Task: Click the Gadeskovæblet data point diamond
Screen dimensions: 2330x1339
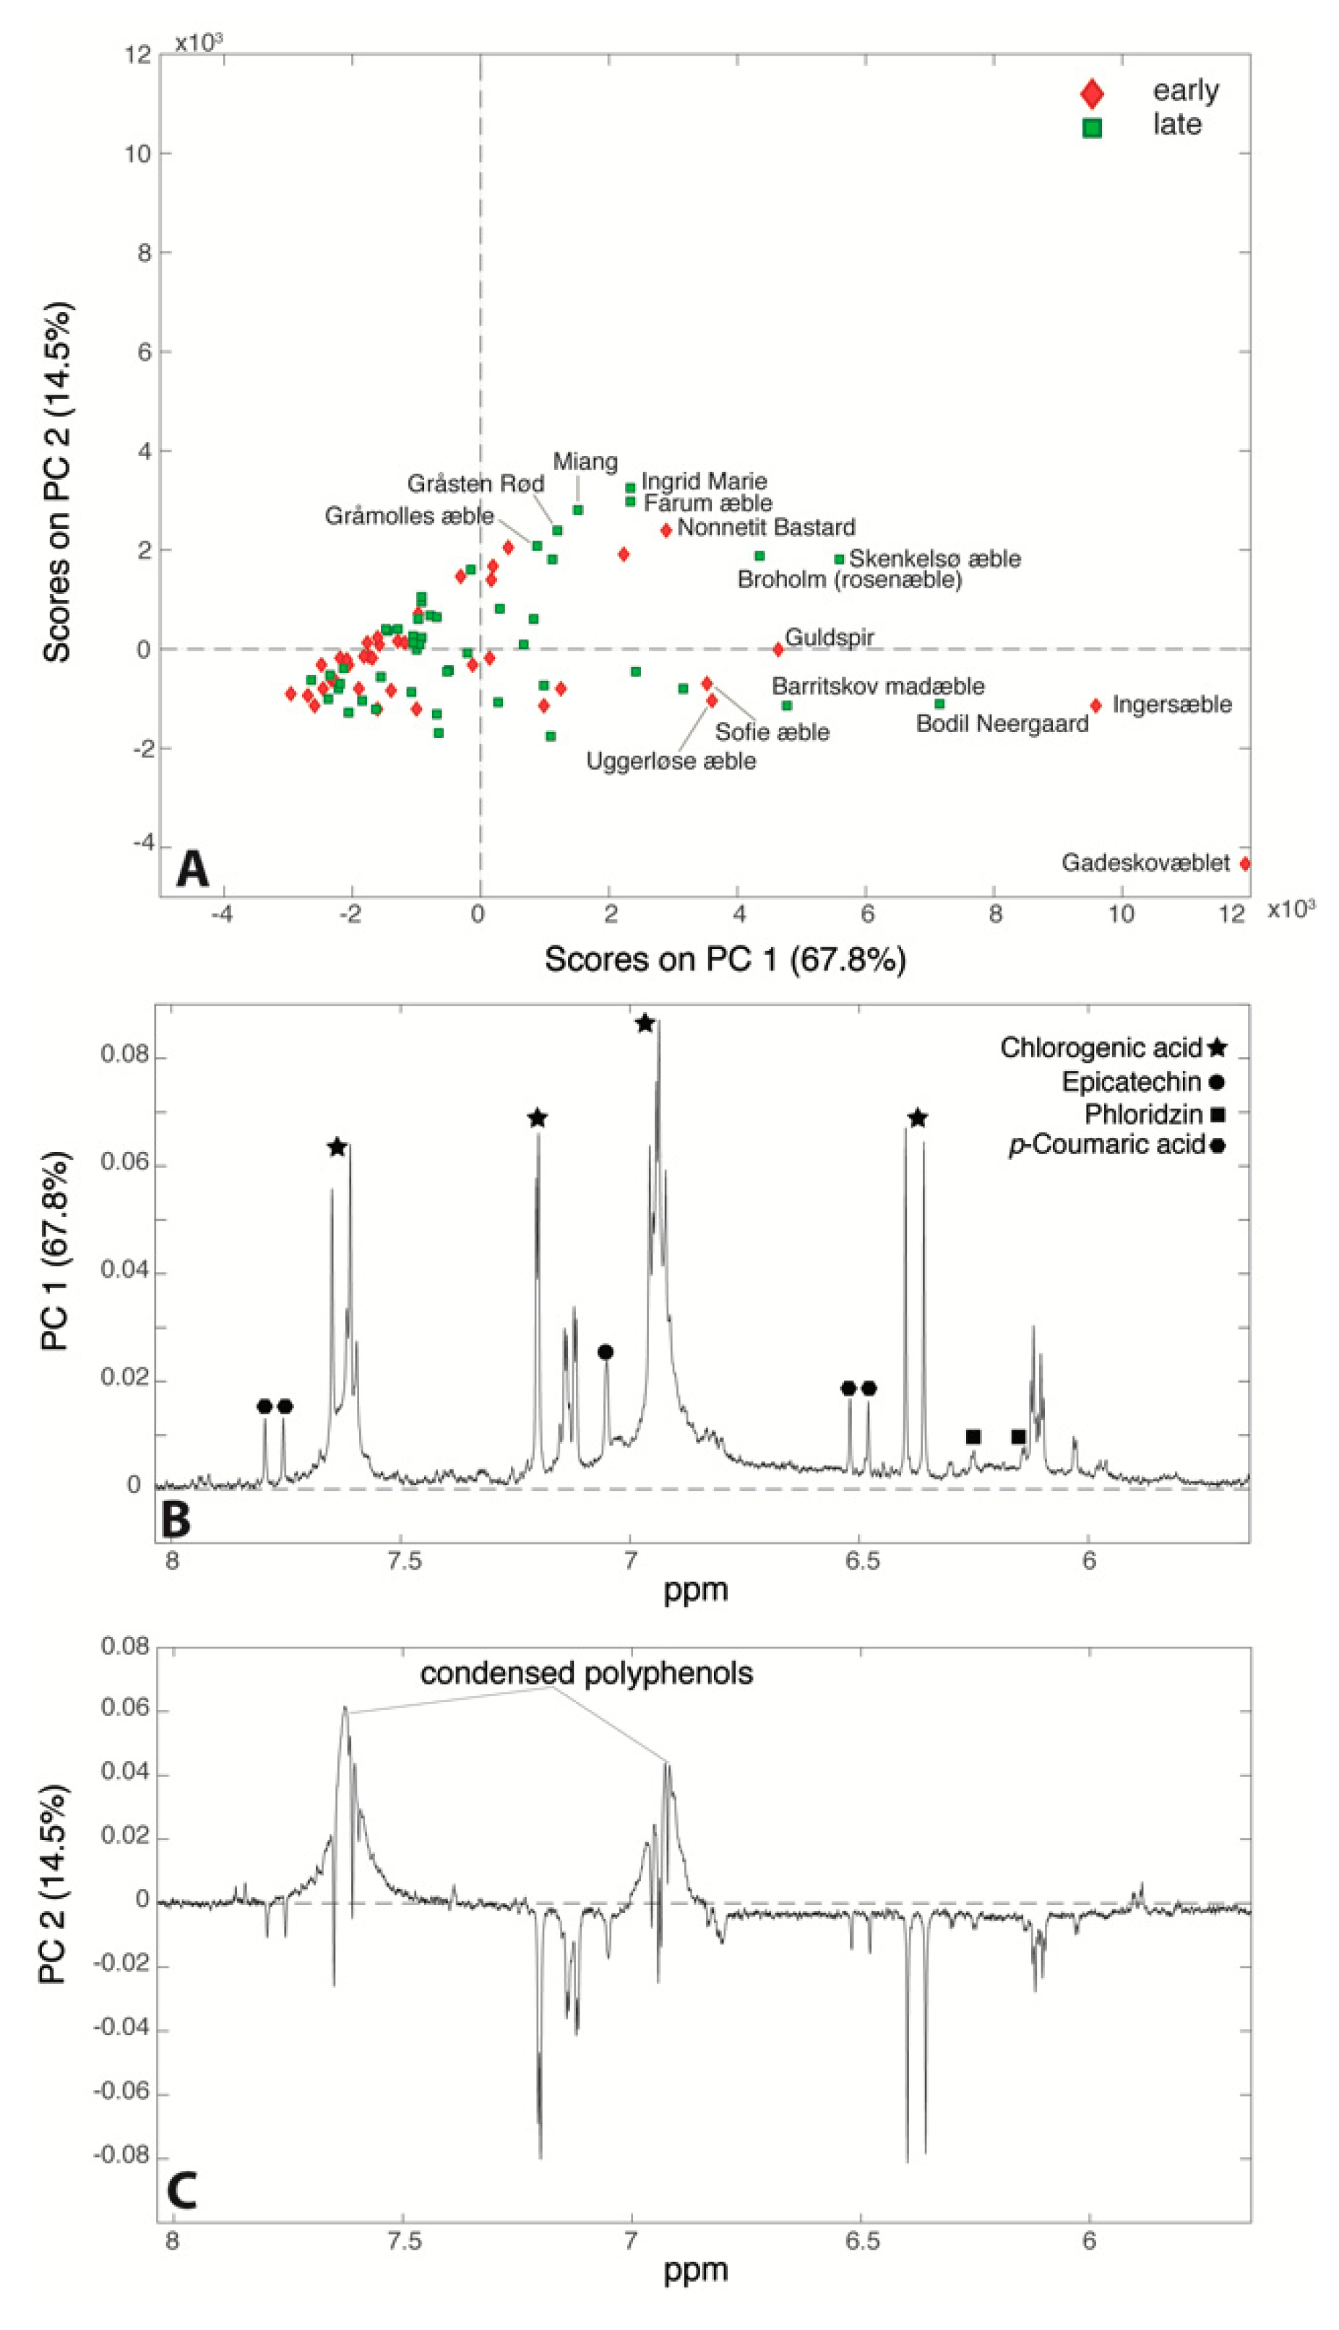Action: tap(1245, 864)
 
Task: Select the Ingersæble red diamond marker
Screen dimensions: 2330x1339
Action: tap(1095, 705)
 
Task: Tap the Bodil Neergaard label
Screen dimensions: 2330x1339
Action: tap(1002, 723)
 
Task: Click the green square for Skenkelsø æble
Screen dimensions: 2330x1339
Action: tap(839, 559)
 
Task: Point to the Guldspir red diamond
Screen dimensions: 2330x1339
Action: tap(778, 649)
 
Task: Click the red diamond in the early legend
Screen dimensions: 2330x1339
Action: tap(1092, 94)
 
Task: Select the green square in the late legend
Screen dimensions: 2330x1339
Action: tap(1092, 128)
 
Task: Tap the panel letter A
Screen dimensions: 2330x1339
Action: tap(192, 869)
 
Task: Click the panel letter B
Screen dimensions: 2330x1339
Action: tap(176, 1520)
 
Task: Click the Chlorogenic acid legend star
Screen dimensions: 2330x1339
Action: tap(1218, 1047)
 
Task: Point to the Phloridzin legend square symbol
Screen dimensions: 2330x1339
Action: tap(1218, 1114)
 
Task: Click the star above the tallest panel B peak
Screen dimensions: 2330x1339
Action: tap(645, 1023)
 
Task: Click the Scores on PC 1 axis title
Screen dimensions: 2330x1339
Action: tap(725, 959)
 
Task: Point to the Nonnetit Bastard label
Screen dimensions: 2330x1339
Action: tap(765, 528)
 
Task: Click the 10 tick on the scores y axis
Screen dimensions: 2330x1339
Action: tap(138, 153)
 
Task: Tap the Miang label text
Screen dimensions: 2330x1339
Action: tap(585, 462)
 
